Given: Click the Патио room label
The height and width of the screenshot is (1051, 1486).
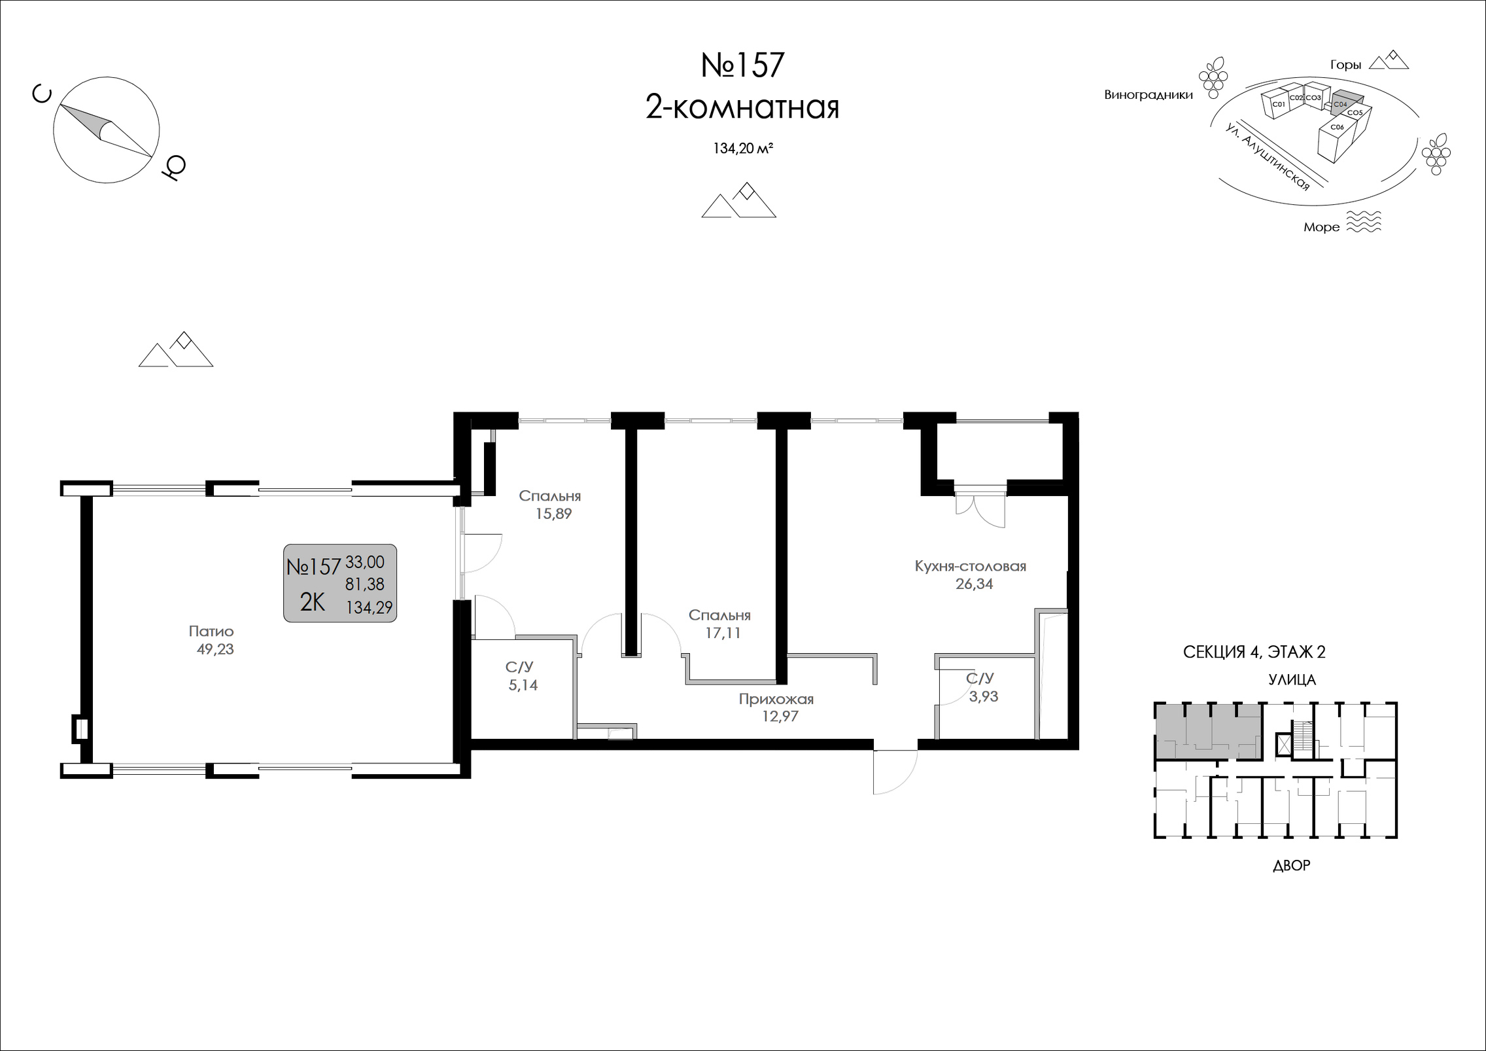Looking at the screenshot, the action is [x=211, y=632].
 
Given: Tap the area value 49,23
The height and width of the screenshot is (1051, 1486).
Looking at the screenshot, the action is [x=215, y=649].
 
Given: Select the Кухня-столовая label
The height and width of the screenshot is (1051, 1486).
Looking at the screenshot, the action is [x=971, y=566].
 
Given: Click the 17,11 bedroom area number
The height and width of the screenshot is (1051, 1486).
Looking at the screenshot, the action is [x=722, y=633].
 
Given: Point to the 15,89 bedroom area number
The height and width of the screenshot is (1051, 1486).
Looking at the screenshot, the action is [x=553, y=514].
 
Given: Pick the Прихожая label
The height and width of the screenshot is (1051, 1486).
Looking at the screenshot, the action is [x=776, y=699].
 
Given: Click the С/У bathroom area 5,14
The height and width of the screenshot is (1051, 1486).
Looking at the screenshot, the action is [x=523, y=685].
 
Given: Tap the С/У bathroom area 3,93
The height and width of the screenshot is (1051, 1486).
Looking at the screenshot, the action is [x=984, y=696].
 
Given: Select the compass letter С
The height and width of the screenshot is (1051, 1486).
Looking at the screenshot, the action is [x=42, y=96].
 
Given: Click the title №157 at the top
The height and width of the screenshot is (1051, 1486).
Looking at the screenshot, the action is [x=742, y=65].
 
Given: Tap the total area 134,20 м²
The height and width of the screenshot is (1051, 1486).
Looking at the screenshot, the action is [x=743, y=149].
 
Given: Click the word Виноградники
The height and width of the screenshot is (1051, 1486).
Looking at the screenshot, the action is [x=1149, y=95].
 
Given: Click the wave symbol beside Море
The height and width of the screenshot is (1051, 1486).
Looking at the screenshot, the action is [x=1364, y=222].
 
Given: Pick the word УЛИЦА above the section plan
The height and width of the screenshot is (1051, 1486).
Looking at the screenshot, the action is [x=1292, y=680].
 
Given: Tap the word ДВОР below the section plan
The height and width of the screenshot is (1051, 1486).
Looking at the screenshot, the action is [x=1292, y=865].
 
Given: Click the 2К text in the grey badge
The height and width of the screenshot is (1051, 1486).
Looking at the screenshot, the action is [x=313, y=602].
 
